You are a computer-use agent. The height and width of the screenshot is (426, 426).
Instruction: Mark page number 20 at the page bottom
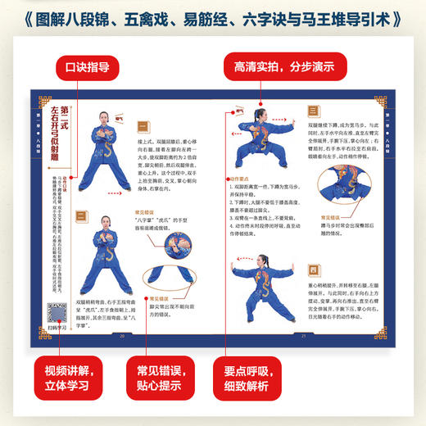coord(123,334)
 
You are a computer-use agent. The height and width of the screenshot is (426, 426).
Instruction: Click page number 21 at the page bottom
coord(303,334)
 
